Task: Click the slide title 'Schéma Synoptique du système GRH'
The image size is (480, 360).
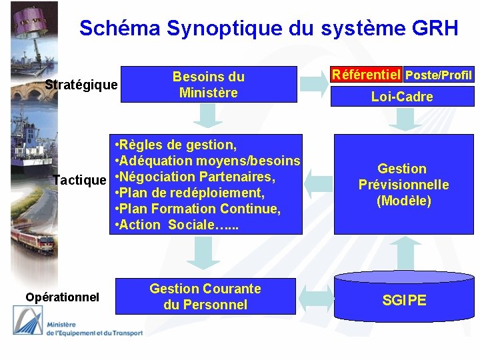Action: coord(269,28)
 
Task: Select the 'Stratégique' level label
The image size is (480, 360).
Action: coord(81,85)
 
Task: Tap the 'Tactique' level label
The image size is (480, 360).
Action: coord(79,180)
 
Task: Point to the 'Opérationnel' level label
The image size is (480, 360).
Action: coord(62,297)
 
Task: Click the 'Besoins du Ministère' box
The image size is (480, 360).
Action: coord(209,85)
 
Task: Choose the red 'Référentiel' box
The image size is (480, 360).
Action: coord(367,74)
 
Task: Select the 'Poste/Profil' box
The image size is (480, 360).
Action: coord(439,75)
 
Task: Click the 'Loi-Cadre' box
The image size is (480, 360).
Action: coord(402,97)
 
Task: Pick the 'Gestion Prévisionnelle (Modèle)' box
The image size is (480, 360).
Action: coord(403,185)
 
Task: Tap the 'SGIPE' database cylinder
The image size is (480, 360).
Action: coord(404,300)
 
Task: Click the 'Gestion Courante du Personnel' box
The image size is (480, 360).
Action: coord(205,297)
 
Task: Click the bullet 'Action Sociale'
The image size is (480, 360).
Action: coord(177,225)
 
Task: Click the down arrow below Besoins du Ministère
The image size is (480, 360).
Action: coord(208,116)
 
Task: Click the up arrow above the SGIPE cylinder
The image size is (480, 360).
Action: coord(403,253)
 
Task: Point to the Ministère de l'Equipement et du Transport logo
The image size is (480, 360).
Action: coord(77,327)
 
